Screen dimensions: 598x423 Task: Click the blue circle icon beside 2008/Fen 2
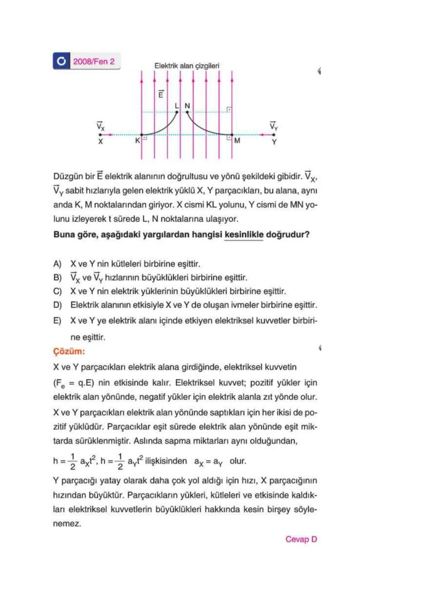pyautogui.click(x=61, y=62)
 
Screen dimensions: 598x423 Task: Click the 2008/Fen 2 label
pyautogui.click(x=93, y=62)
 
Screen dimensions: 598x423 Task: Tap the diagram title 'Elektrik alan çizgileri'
pyautogui.click(x=187, y=66)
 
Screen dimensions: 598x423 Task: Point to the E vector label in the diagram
pyautogui.click(x=161, y=95)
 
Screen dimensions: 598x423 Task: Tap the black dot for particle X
pyautogui.click(x=100, y=135)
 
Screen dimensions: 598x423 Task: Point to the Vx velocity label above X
pyautogui.click(x=100, y=125)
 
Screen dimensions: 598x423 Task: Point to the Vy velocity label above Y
pyautogui.click(x=274, y=125)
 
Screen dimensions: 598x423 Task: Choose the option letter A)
pyautogui.click(x=58, y=265)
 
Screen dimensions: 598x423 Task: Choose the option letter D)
pyautogui.click(x=58, y=305)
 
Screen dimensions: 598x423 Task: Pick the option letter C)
pyautogui.click(x=58, y=292)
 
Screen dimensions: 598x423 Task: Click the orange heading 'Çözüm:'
pyautogui.click(x=69, y=352)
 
